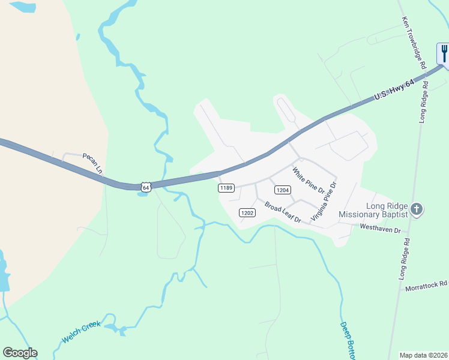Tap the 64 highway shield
(x=145, y=187)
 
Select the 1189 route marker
(x=226, y=188)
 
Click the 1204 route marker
(x=283, y=190)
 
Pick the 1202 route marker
(x=247, y=212)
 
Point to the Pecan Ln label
(x=93, y=163)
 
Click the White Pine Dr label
(x=309, y=181)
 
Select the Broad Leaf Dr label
(x=283, y=213)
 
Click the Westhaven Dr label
(x=379, y=227)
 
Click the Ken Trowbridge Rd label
(x=414, y=41)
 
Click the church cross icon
(x=417, y=209)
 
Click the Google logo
(x=20, y=353)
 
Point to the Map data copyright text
(x=424, y=355)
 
